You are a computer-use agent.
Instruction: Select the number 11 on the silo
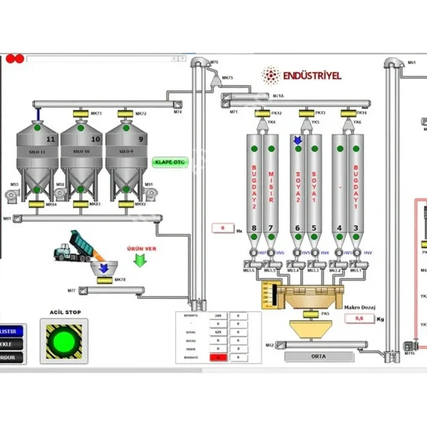coord(50,137)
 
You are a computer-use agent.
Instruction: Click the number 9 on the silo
coord(140,139)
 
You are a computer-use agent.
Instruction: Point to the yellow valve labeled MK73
coord(80,114)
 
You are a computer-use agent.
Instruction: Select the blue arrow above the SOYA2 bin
coord(297,141)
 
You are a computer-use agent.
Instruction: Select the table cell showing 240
coord(218,315)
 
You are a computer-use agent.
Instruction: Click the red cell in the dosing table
coord(218,357)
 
